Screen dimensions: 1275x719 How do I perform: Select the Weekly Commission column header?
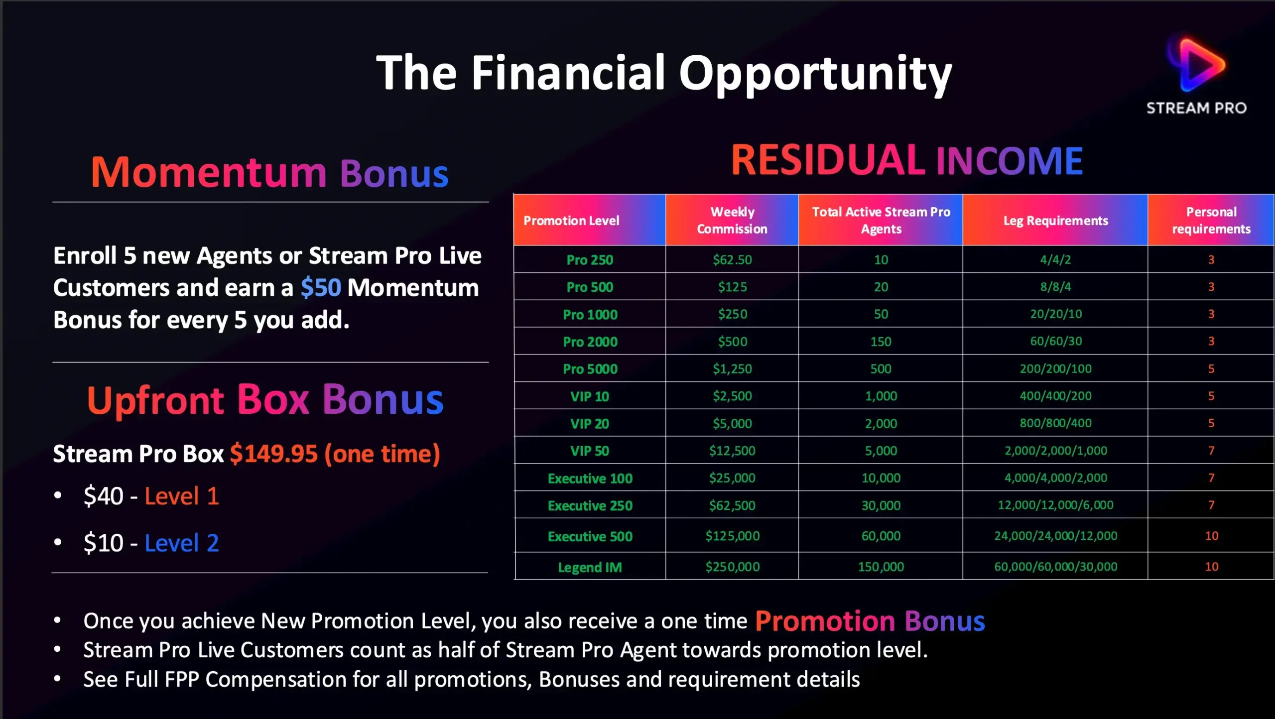coord(732,220)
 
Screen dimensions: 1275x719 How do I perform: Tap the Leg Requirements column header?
coord(1055,221)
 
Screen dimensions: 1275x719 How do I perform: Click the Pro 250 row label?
coord(590,259)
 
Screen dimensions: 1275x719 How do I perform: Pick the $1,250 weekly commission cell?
coord(732,368)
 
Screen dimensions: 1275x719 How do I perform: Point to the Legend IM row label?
coord(590,567)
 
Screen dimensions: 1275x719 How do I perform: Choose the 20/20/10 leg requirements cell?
coord(1055,314)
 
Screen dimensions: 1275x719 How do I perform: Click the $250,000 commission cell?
coord(732,566)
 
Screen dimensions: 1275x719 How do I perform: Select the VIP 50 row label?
coord(590,451)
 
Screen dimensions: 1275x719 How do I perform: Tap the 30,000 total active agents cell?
coord(881,505)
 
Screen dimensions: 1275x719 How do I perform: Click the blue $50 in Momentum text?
coord(321,288)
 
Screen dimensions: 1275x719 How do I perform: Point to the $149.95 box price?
coord(273,454)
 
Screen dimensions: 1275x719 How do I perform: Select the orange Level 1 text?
coord(182,496)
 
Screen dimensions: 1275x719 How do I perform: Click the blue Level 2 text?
coord(182,543)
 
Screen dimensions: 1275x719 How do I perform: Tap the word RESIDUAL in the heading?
coord(828,160)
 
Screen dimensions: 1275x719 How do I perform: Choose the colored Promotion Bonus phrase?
coord(870,621)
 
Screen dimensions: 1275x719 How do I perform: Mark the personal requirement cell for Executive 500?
coord(1211,536)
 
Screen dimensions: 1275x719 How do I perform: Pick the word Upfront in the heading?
coord(155,400)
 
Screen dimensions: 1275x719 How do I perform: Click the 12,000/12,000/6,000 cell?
coord(1055,505)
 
